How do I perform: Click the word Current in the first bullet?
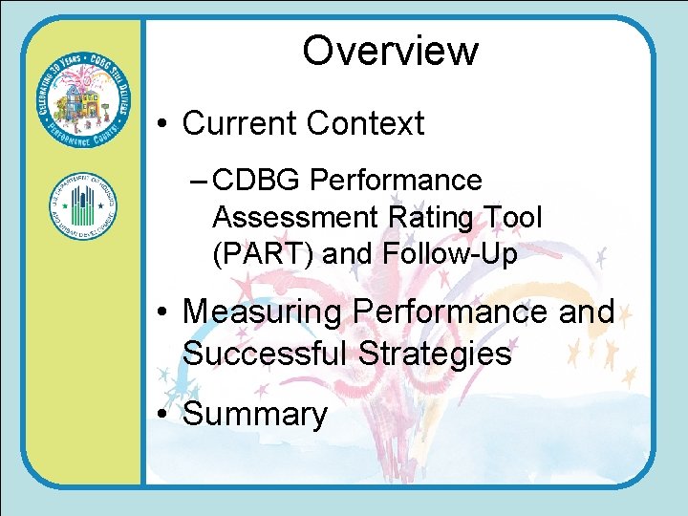click(x=239, y=123)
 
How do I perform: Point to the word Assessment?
click(x=296, y=217)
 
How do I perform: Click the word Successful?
click(x=266, y=354)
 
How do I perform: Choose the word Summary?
click(x=255, y=414)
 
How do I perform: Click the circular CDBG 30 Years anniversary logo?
click(x=82, y=105)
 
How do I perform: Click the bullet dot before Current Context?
click(x=164, y=124)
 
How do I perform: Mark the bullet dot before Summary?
click(x=164, y=415)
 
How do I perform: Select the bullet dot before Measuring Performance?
click(x=164, y=312)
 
